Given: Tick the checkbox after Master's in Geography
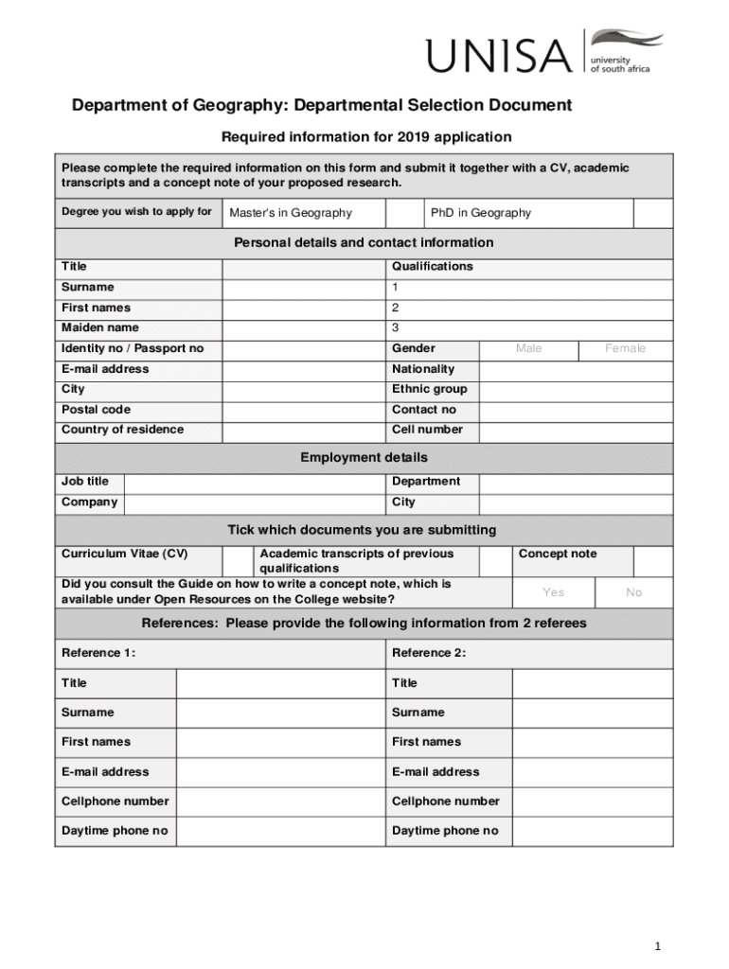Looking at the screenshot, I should point(405,213).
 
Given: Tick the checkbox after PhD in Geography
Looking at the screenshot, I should point(652,213).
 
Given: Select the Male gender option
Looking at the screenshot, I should point(528,349).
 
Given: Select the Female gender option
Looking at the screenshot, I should point(625,349).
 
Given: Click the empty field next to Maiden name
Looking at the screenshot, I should point(303,328).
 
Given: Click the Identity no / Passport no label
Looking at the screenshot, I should point(133,349).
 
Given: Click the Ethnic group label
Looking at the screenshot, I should point(429,389).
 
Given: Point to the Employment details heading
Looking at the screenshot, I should point(364,458).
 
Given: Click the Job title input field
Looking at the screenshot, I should point(255,482).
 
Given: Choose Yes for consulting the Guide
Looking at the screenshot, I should point(553,592).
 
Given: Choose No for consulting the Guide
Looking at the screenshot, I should point(633,592).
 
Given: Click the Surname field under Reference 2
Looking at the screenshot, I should point(592,713).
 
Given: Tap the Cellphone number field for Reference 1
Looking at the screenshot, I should point(280,802).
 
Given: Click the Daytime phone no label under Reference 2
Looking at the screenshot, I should point(445,831).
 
